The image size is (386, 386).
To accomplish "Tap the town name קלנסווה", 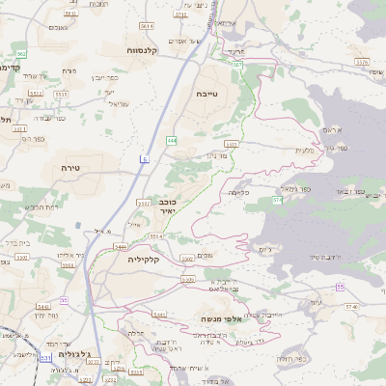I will click(x=149, y=48).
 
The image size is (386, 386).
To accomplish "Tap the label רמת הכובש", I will click(x=43, y=207).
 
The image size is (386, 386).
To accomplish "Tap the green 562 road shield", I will click(x=21, y=54).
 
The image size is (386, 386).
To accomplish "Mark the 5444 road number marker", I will click(x=122, y=247).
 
